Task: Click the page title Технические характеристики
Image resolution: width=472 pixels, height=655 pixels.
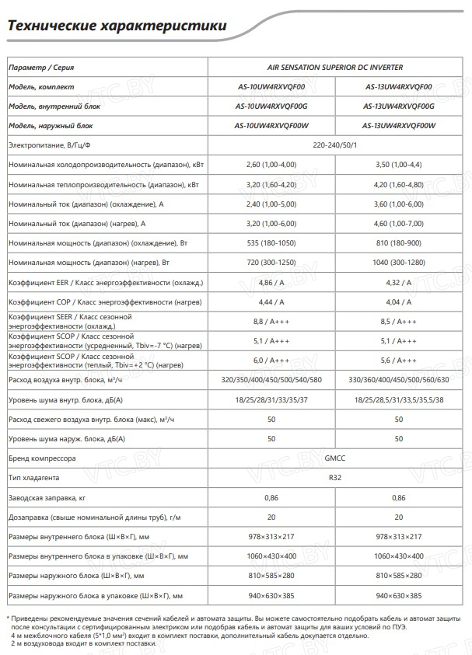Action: pos(117,27)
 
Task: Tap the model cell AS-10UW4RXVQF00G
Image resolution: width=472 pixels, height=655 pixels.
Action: pos(271,106)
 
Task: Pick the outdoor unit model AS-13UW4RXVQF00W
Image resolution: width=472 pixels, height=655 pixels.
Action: pos(399,125)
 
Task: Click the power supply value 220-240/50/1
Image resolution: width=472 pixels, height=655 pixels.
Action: pos(335,145)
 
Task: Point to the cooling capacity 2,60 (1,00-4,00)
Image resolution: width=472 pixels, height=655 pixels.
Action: pos(271,165)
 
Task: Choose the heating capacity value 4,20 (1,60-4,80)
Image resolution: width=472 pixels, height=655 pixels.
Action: pos(399,185)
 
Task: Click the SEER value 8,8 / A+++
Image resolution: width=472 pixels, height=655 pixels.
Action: pos(271,321)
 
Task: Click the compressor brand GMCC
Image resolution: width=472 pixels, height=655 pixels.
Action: pos(335,458)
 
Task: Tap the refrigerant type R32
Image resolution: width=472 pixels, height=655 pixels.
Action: pos(335,478)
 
